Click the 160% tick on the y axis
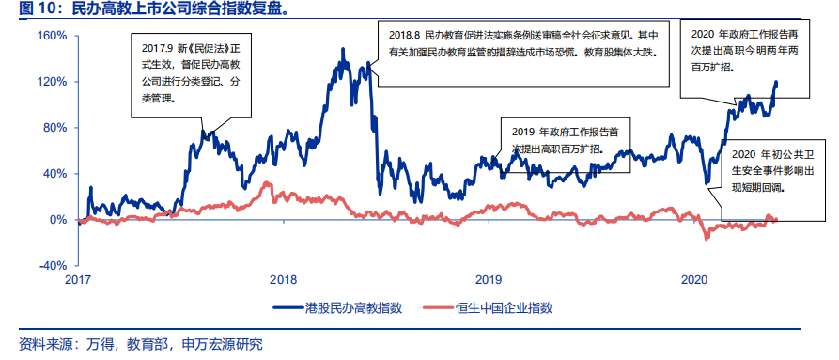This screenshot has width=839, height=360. pyautogui.click(x=54, y=36)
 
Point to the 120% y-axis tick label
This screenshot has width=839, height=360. pyautogui.click(x=54, y=82)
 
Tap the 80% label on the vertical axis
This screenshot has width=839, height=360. pyautogui.click(x=56, y=128)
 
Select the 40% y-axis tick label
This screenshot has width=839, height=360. pyautogui.click(x=56, y=174)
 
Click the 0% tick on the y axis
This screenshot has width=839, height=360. pyautogui.click(x=59, y=220)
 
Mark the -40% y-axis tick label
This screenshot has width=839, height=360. pyautogui.click(x=54, y=266)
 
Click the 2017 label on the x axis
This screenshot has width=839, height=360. pyautogui.click(x=79, y=280)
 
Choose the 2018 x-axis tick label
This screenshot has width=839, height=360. pyautogui.click(x=284, y=280)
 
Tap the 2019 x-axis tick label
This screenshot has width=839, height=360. pyautogui.click(x=489, y=280)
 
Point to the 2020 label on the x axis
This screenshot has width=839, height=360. pyautogui.click(x=693, y=280)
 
